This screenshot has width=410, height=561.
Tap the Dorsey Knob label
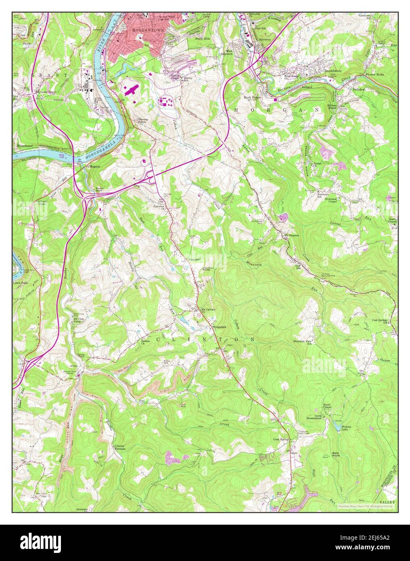[x=144, y=121]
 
